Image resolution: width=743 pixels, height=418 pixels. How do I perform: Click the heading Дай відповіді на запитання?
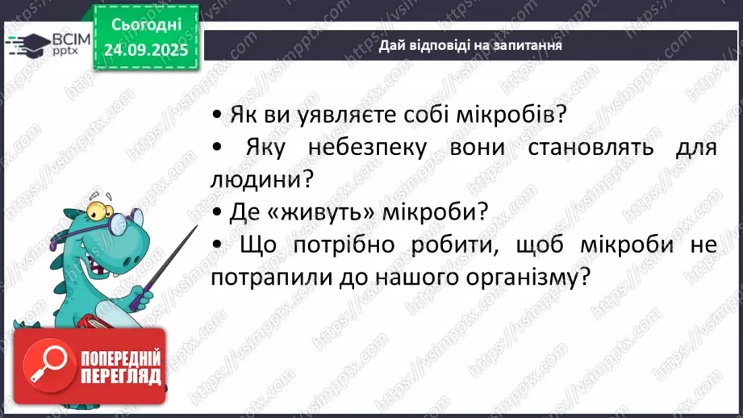click(x=470, y=46)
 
